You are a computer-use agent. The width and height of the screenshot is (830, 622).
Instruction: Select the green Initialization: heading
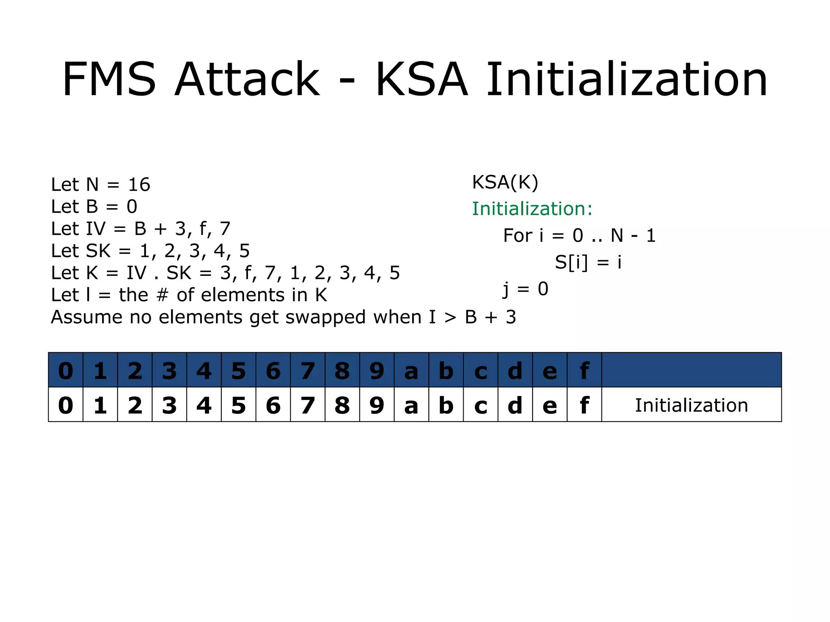tap(532, 209)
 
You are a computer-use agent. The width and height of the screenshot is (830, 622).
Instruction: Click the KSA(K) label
tap(505, 182)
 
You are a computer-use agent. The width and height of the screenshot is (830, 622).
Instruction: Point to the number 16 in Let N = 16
tap(139, 185)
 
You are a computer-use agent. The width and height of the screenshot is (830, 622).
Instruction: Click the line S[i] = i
tap(588, 262)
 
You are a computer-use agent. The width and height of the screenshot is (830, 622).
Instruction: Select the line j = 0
tap(526, 289)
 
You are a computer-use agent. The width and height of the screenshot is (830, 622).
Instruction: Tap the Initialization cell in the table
tap(691, 405)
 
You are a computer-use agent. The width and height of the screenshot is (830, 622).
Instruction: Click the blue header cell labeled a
tap(411, 370)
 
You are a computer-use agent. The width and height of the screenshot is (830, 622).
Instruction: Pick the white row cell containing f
tap(584, 405)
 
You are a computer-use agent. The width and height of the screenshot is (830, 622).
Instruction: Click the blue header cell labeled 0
tap(66, 370)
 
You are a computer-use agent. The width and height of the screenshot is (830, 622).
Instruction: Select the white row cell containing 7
tap(308, 405)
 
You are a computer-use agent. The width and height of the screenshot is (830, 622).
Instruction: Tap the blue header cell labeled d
tap(515, 370)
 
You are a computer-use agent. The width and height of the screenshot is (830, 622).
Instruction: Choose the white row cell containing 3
tap(169, 405)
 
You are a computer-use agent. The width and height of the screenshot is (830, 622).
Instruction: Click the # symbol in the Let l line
tap(162, 295)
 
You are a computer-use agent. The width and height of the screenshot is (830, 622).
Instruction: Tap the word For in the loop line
tap(517, 235)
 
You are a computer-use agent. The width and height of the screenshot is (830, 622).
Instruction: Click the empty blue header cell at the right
tap(691, 370)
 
